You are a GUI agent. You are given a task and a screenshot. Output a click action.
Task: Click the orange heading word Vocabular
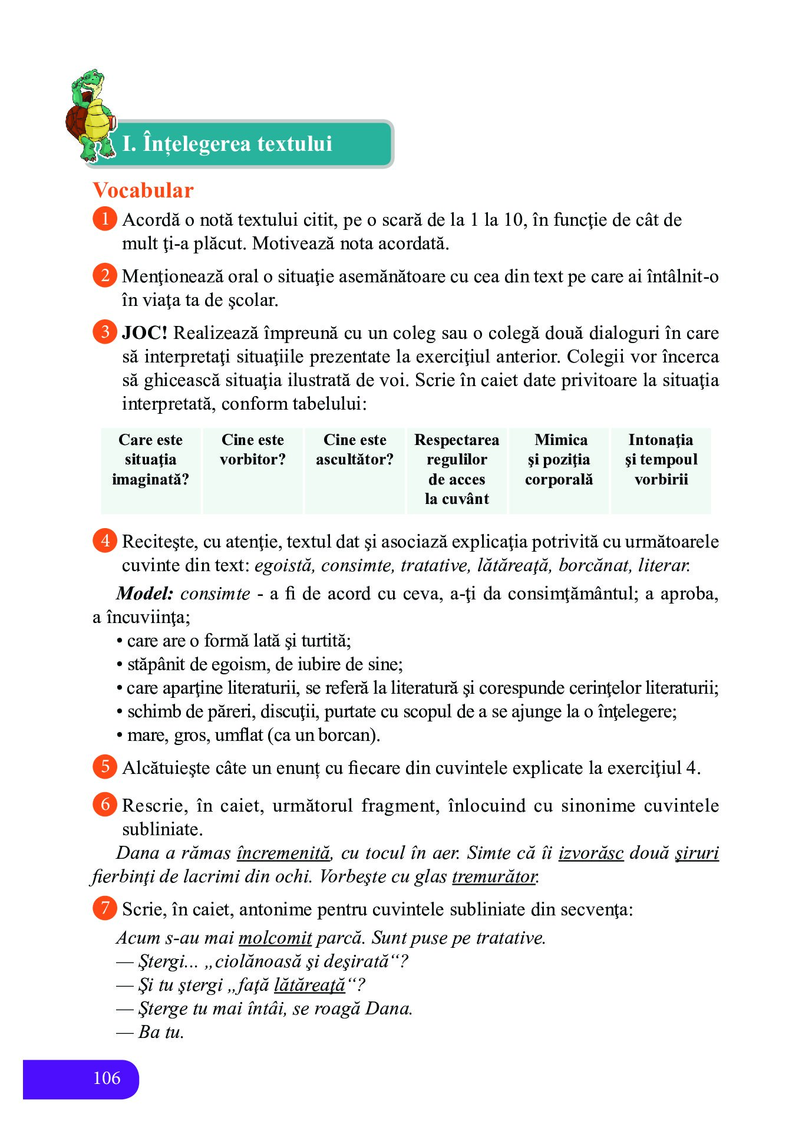coord(143,190)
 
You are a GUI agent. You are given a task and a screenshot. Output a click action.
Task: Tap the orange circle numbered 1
coord(105,219)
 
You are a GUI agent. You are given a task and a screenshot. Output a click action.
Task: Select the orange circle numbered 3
coord(105,332)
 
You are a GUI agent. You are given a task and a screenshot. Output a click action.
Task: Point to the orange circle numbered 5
coord(105,767)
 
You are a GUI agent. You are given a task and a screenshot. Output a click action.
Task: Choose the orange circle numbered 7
coord(105,908)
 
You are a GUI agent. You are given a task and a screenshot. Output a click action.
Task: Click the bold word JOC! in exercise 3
coord(144,333)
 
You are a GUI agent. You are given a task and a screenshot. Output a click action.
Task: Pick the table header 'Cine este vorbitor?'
coord(253,450)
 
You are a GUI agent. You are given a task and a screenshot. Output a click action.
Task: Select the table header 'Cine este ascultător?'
coord(355,450)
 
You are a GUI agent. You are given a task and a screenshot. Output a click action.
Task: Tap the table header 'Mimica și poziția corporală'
coord(559,460)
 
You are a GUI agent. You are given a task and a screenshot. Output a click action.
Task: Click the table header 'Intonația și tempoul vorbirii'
coord(661,460)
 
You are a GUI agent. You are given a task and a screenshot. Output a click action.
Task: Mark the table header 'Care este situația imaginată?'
coord(150,460)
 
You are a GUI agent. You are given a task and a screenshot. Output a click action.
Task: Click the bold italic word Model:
coord(144,594)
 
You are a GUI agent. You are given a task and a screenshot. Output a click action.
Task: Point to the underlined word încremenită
coord(284,853)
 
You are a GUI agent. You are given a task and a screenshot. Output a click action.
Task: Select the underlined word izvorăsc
coord(591,853)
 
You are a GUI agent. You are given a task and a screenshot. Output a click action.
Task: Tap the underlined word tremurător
coord(494,877)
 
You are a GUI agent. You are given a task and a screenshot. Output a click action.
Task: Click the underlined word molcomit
coord(275,938)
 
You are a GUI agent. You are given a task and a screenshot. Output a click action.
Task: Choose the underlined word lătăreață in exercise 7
coord(310,985)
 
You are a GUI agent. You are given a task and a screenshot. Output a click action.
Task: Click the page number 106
coord(107,1078)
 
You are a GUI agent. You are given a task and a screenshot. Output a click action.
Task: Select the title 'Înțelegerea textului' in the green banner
coord(227,144)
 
